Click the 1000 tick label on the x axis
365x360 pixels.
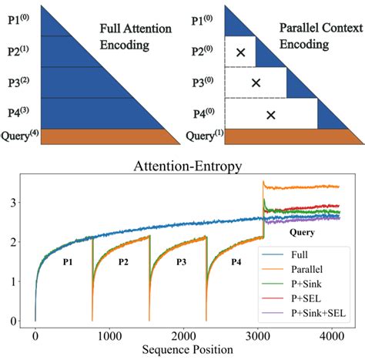(x=108, y=336)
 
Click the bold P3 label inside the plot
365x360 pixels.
(x=182, y=262)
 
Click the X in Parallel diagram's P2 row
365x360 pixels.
(x=240, y=52)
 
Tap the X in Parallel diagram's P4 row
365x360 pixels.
(x=270, y=115)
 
